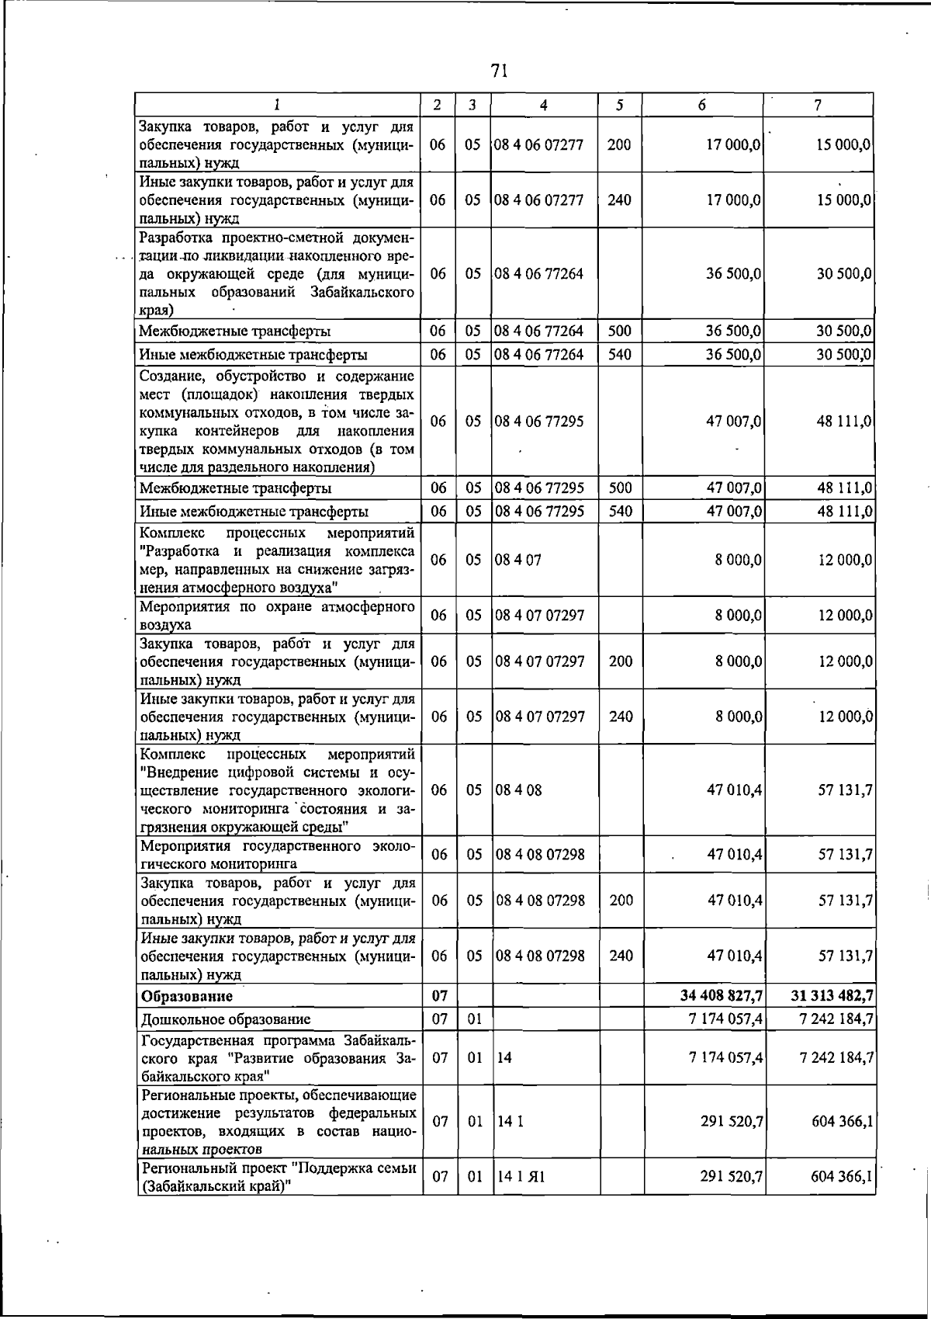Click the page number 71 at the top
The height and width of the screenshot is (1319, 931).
click(x=499, y=71)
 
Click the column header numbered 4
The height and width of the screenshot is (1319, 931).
click(x=543, y=105)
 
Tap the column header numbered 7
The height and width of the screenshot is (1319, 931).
click(x=819, y=105)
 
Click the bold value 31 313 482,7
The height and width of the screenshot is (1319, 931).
click(x=832, y=996)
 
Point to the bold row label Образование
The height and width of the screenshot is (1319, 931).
click(x=185, y=996)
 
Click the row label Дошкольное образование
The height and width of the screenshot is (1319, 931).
click(x=225, y=1019)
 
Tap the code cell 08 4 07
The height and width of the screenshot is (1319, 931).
click(x=517, y=560)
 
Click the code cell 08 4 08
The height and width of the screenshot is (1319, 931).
click(x=518, y=790)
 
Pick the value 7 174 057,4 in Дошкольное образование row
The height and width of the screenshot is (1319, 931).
click(x=725, y=1019)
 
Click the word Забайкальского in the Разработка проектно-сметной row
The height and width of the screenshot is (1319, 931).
click(x=362, y=292)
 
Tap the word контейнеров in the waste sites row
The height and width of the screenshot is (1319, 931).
click(x=237, y=431)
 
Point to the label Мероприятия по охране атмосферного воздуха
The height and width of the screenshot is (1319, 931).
click(x=277, y=615)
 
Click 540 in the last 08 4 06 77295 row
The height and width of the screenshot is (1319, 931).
click(x=621, y=512)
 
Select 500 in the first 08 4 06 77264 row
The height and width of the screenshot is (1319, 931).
click(x=619, y=331)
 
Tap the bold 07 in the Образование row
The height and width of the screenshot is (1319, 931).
click(x=439, y=996)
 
